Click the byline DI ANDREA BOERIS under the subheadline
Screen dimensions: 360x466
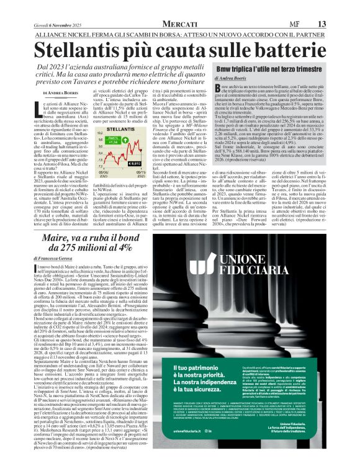[x=44, y=93]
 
